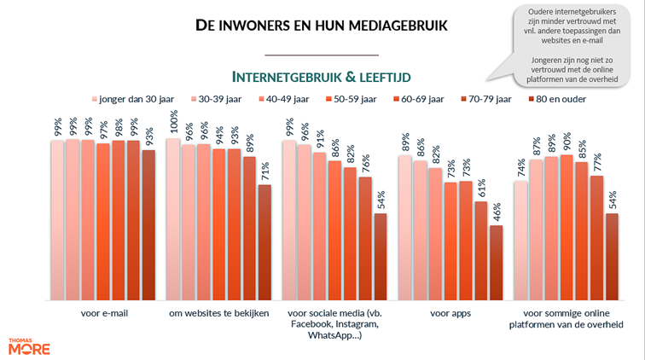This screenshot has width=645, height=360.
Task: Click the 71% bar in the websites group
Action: click(264, 242)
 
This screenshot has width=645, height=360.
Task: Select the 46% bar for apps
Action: click(496, 263)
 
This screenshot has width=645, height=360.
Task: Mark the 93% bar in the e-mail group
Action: click(148, 225)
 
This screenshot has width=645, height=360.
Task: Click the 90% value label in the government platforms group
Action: click(567, 142)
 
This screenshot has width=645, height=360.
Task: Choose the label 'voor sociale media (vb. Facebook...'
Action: click(334, 325)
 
